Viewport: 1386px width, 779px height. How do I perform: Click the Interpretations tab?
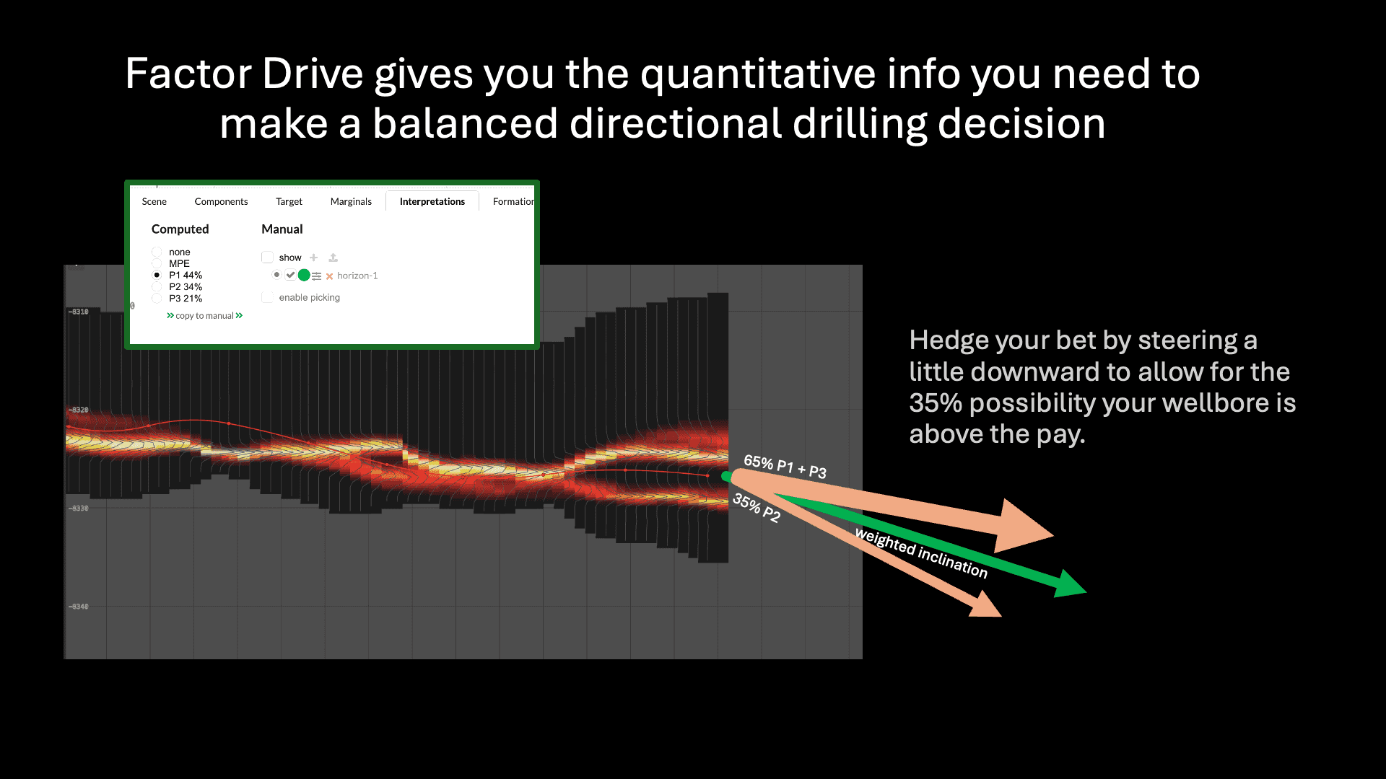(432, 201)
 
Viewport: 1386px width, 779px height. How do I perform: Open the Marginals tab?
(351, 201)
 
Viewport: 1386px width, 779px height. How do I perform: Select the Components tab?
(221, 201)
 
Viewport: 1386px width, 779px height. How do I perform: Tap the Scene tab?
(154, 201)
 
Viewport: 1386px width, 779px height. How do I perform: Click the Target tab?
(289, 201)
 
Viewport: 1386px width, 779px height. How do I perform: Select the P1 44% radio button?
(157, 275)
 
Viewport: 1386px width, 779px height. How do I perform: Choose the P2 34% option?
(157, 286)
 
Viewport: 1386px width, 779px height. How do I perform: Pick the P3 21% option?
(157, 298)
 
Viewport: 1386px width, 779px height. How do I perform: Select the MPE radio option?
(157, 263)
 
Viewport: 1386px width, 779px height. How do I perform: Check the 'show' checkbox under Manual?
(267, 258)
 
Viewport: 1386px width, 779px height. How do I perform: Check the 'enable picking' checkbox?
(267, 297)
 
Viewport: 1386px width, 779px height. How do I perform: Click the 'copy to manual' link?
(204, 316)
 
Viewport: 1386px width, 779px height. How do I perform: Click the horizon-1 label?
(357, 276)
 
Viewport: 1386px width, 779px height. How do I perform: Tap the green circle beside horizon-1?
(304, 275)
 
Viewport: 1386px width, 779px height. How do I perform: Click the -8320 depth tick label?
(79, 410)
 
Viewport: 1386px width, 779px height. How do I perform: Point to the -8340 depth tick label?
(79, 607)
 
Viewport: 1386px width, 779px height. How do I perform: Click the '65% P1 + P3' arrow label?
(785, 467)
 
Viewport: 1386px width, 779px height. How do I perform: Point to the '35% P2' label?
(757, 507)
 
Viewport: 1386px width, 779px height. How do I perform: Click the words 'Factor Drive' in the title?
(244, 74)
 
